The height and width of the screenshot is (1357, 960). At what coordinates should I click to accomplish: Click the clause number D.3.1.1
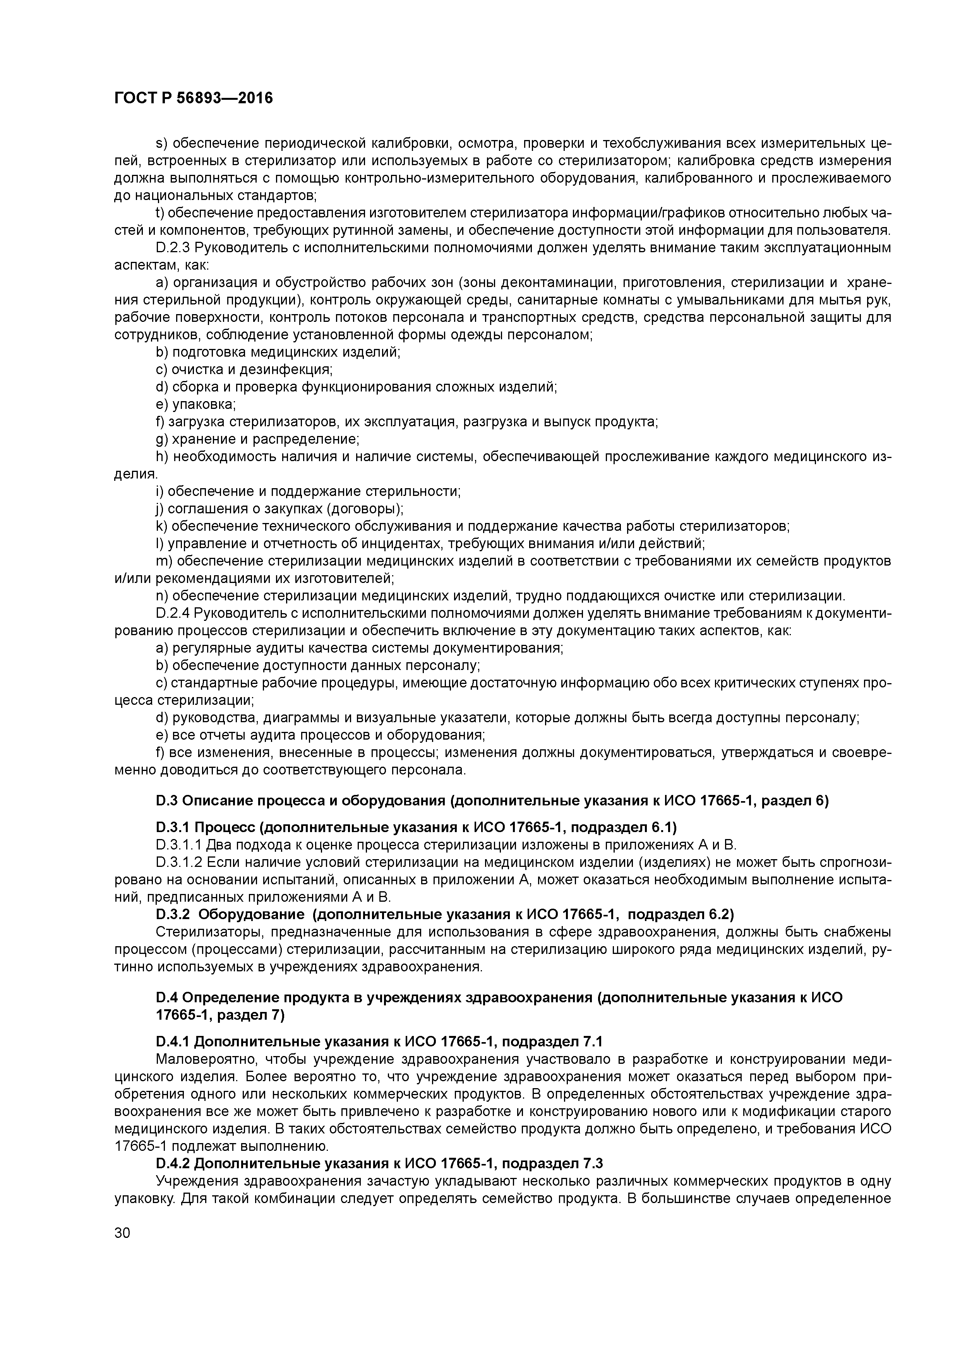[x=178, y=844]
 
